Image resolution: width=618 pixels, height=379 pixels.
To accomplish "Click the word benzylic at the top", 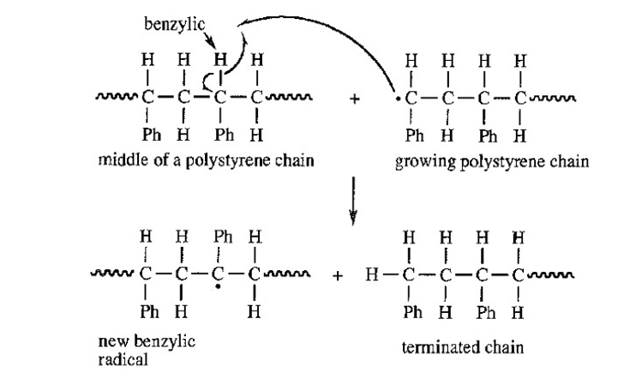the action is [175, 25].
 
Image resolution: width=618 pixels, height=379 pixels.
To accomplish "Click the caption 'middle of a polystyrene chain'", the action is [206, 160].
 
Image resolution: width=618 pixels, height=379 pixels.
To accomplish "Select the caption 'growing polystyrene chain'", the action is [492, 162].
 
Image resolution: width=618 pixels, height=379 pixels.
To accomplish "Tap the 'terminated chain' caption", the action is [463, 347].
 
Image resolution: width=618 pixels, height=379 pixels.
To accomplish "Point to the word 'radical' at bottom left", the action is [123, 359].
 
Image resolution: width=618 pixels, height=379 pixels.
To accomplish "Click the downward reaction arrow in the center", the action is [353, 201].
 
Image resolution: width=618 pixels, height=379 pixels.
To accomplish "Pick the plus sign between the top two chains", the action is [354, 99].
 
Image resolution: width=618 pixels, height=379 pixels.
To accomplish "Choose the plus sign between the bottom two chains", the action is [338, 275].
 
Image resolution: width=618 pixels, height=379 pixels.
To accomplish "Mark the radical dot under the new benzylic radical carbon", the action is [218, 287].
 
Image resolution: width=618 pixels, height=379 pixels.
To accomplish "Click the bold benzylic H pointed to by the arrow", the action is [220, 60].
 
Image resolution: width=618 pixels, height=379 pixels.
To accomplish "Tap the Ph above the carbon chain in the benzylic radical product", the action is [223, 237].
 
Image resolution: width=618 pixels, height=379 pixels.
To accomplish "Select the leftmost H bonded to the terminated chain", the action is [372, 274].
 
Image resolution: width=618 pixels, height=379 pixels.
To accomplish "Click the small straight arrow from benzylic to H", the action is [210, 39].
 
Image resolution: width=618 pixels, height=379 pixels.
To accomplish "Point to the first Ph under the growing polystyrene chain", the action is [415, 135].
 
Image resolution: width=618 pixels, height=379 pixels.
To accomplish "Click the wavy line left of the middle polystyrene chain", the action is [117, 96].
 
